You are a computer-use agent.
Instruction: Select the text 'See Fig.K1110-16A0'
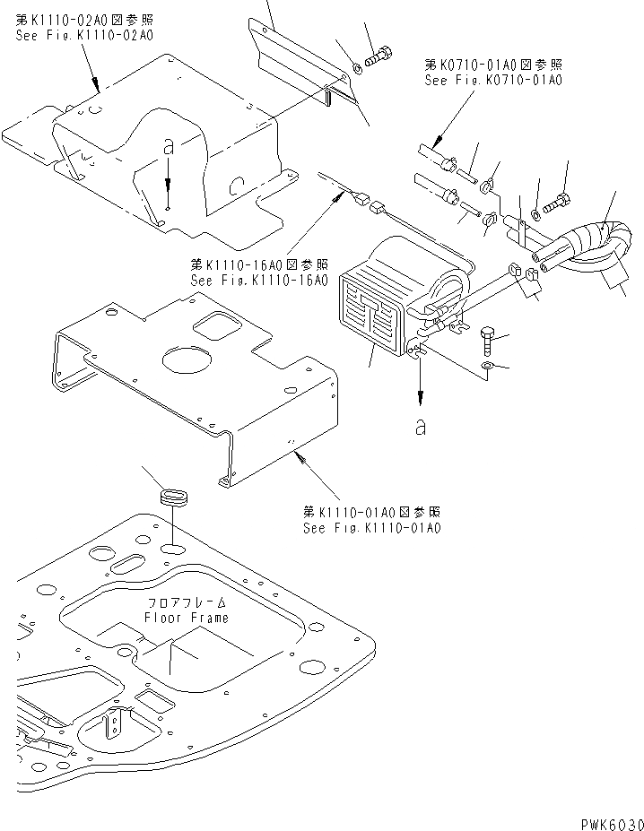(x=258, y=280)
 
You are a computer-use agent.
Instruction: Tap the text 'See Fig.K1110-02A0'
(x=84, y=36)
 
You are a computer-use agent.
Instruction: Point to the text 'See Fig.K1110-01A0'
(x=370, y=528)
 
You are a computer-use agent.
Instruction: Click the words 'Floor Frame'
(x=186, y=618)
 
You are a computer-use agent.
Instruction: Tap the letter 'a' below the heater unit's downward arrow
(x=420, y=427)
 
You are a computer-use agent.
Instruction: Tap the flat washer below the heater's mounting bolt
(x=486, y=366)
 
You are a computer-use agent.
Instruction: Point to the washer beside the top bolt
(x=358, y=66)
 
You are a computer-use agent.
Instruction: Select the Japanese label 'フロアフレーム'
(x=186, y=603)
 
